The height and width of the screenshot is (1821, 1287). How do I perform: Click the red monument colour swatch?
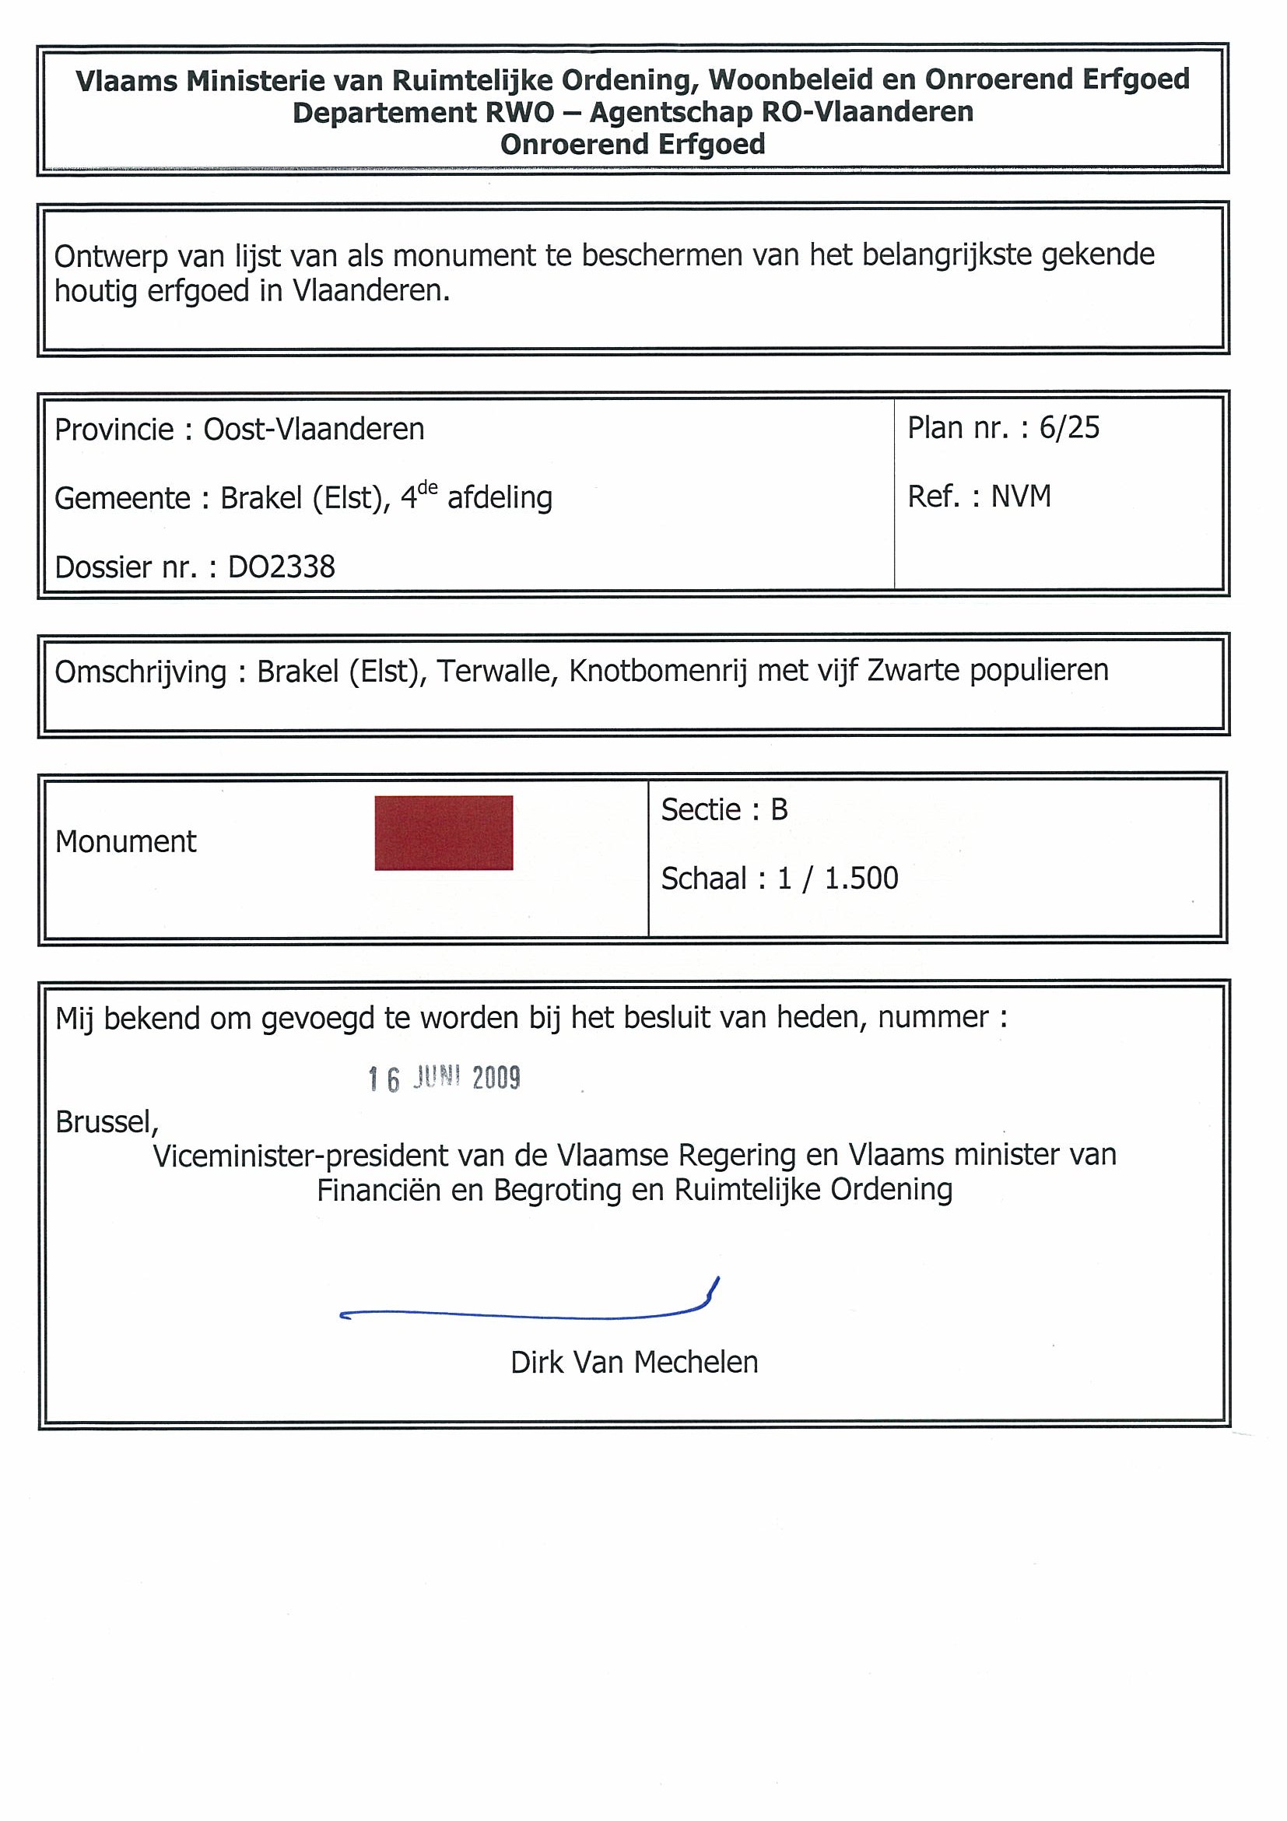point(444,833)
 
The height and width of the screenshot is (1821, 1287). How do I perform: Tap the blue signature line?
point(524,1315)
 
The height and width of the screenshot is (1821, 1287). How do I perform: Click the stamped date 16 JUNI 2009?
point(444,1079)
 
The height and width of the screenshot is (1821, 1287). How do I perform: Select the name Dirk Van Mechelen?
point(633,1363)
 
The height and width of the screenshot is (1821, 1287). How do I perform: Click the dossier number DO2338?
point(282,567)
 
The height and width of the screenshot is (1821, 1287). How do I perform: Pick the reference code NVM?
point(1021,496)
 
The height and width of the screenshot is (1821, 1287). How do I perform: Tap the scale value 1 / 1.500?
point(837,879)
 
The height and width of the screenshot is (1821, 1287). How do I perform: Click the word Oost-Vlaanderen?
point(314,430)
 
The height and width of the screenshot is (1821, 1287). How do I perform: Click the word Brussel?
point(107,1122)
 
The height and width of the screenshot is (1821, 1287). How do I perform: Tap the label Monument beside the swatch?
point(125,842)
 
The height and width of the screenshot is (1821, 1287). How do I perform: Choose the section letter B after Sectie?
point(779,810)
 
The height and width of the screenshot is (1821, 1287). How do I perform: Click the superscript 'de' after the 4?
point(427,488)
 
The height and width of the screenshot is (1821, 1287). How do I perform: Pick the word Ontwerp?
point(110,256)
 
